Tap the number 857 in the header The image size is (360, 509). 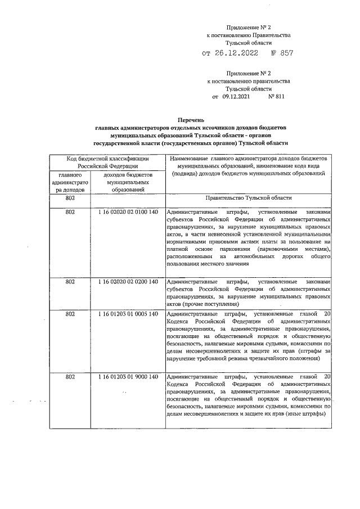pos(285,54)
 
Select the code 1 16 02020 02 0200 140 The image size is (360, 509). pos(127,281)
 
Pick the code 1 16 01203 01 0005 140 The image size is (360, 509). pos(127,313)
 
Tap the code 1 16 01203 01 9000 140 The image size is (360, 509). pos(127,376)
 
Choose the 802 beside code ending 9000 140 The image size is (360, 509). pos(70,376)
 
